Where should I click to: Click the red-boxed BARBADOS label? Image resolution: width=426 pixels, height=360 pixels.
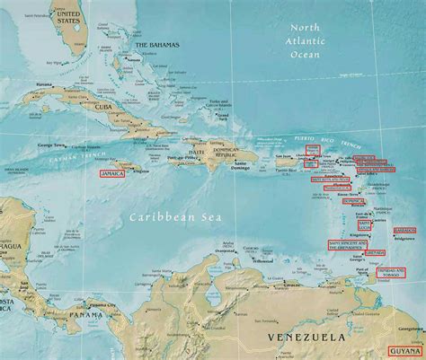tap(404, 230)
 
